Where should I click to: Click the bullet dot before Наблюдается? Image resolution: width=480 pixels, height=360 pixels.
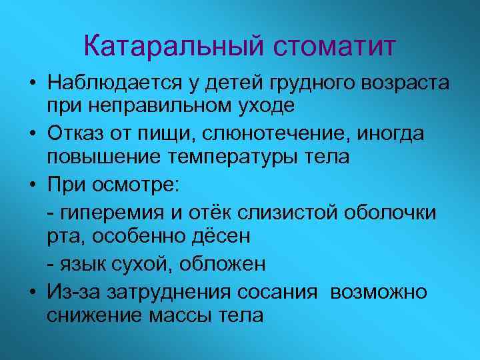pyautogui.click(x=31, y=84)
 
